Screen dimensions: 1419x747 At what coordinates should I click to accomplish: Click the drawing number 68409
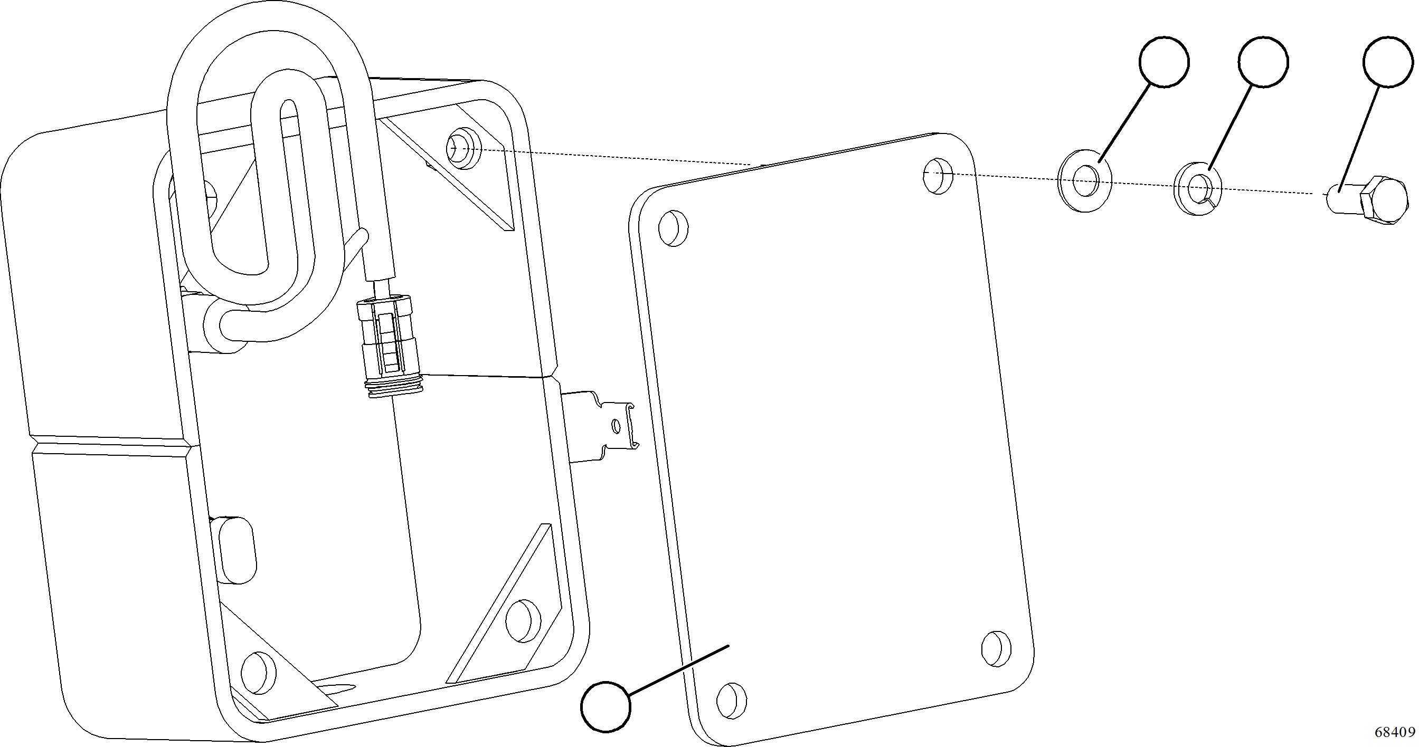[1394, 732]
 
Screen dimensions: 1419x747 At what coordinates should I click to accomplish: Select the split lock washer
[1198, 188]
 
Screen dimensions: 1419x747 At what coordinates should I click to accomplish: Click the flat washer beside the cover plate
[1084, 179]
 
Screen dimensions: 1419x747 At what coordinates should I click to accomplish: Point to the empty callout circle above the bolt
[1389, 62]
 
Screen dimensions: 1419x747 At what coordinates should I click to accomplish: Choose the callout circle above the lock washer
[1263, 62]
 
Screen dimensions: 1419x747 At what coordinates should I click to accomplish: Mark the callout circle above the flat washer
[1163, 62]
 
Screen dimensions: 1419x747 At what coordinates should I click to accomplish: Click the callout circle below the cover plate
[606, 706]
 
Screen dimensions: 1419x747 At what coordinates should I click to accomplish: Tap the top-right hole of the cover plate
[938, 176]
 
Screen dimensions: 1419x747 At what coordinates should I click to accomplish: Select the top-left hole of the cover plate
[673, 228]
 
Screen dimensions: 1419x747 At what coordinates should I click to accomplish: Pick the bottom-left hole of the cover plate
[732, 700]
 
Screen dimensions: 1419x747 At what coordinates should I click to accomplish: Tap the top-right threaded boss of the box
[461, 148]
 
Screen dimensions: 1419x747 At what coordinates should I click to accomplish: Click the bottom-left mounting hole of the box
[258, 673]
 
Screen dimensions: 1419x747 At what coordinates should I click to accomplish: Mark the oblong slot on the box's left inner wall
[237, 550]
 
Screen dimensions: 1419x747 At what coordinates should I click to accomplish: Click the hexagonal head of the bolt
[1383, 200]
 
